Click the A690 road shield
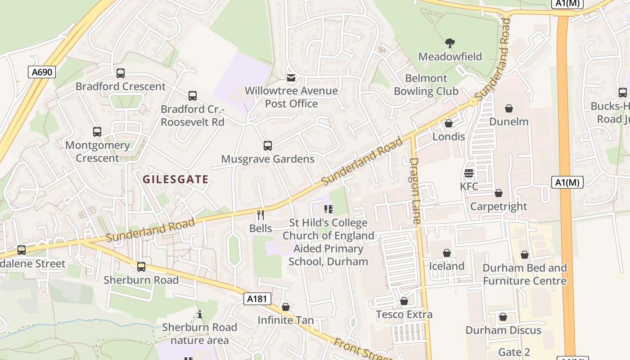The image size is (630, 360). click(x=42, y=72)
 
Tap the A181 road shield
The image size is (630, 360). click(x=257, y=299)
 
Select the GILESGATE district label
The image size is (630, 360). click(x=175, y=180)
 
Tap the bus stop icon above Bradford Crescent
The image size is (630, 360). click(x=120, y=73)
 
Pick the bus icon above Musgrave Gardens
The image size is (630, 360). click(x=267, y=146)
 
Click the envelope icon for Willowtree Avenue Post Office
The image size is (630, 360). click(x=291, y=78)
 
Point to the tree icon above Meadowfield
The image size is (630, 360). click(x=450, y=43)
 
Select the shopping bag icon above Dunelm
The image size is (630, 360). click(x=508, y=108)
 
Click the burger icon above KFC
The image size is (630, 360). click(x=469, y=173)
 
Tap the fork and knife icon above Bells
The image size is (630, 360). click(x=260, y=215)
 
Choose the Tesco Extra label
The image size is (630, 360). click(x=404, y=314)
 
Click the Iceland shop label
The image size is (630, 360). click(x=446, y=266)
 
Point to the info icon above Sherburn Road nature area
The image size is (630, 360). click(x=199, y=314)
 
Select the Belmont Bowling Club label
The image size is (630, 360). click(x=426, y=85)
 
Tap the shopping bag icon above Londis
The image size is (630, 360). click(x=448, y=123)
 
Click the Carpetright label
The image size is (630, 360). click(x=498, y=206)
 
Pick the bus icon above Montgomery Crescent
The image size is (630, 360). click(x=97, y=132)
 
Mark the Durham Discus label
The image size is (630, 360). click(x=503, y=330)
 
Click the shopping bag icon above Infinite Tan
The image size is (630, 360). click(x=285, y=307)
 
